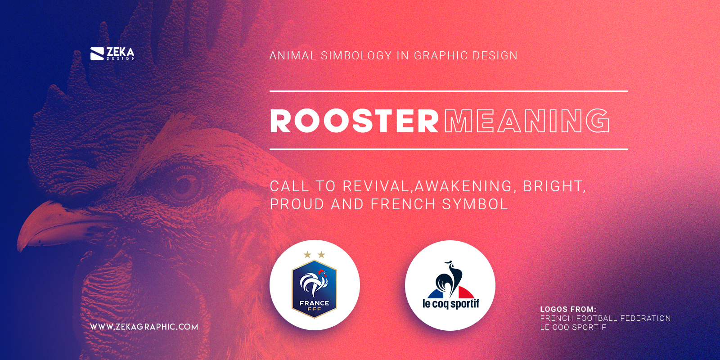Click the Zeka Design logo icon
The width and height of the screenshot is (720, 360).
click(x=97, y=54)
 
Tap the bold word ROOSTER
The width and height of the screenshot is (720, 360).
click(x=354, y=121)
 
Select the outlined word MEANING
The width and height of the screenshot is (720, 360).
click(x=527, y=121)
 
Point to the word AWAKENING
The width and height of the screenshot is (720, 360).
click(x=463, y=186)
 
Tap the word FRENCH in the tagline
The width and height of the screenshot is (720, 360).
click(x=403, y=204)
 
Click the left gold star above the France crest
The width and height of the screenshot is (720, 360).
click(x=307, y=255)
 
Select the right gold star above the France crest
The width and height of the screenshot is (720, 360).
click(x=321, y=255)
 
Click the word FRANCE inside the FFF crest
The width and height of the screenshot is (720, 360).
click(x=314, y=303)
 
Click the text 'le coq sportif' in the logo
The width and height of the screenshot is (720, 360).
click(x=450, y=304)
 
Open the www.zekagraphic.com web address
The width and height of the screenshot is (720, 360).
click(x=144, y=327)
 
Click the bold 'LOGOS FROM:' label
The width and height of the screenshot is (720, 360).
click(x=568, y=309)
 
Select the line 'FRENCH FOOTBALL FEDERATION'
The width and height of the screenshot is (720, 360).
click(x=605, y=318)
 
